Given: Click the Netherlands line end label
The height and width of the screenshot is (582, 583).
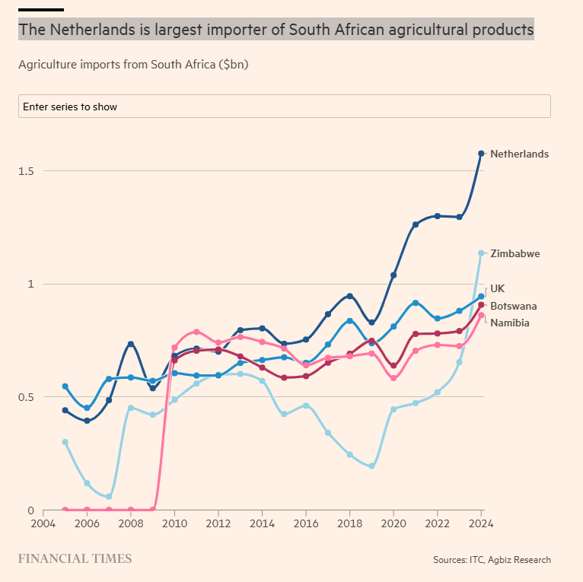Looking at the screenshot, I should coord(519,154).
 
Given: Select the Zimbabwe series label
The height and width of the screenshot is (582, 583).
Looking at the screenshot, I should coord(515,253).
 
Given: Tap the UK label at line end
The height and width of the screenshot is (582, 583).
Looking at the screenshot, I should coord(497,288).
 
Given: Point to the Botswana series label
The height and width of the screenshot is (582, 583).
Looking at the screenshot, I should coord(513,306).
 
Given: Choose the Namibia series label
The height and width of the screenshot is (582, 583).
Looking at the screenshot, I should coord(509,323).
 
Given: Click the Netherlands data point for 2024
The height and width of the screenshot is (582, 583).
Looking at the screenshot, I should coord(481,154).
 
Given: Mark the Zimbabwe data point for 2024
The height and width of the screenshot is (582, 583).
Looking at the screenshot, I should coord(481,253).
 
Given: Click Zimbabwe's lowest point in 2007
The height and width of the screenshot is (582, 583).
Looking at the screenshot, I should coord(109,497).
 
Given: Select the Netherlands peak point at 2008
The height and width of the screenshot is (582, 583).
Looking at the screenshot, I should coord(131,344).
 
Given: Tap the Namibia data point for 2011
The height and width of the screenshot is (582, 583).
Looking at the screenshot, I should coord(196,332).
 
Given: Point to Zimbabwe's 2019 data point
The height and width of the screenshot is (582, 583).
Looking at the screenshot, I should coord(371,466).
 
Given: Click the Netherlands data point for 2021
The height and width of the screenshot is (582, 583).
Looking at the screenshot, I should coord(416,224).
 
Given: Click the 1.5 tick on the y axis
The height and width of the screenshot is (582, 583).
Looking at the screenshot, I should coord(27,170).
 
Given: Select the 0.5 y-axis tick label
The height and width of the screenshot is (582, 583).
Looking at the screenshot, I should coord(27,397).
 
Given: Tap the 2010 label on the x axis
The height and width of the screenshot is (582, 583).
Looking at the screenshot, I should coord(174,524).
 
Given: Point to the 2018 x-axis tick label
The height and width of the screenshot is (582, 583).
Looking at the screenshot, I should coord(349,524).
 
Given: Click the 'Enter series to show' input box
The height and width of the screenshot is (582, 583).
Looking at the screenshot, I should coord(284,107).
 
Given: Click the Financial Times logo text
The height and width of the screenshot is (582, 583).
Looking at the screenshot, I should coord(75,559).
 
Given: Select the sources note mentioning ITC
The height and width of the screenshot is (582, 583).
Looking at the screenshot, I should coord(492,560).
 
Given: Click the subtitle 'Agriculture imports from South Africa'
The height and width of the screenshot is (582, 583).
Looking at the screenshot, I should coord(133,65).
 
